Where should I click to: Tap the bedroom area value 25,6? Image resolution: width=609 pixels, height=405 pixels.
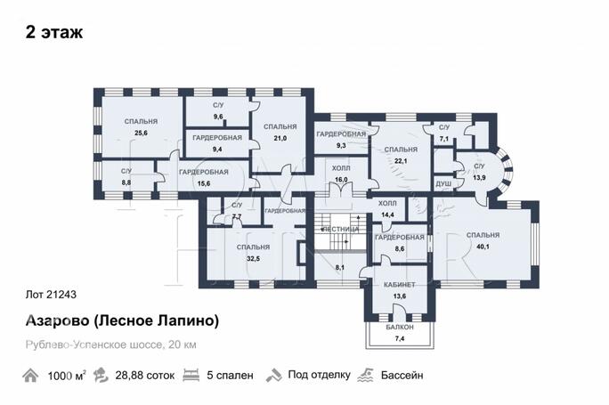click(x=140, y=134)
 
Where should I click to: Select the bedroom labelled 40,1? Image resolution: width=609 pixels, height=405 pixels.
click(x=482, y=247)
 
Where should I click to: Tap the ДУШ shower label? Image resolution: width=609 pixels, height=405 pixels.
click(x=443, y=184)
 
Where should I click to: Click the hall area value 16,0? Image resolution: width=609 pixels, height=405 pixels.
click(x=340, y=179)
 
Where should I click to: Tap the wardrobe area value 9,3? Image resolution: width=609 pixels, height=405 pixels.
click(x=340, y=144)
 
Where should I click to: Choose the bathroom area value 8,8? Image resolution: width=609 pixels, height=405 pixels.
click(x=126, y=182)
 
